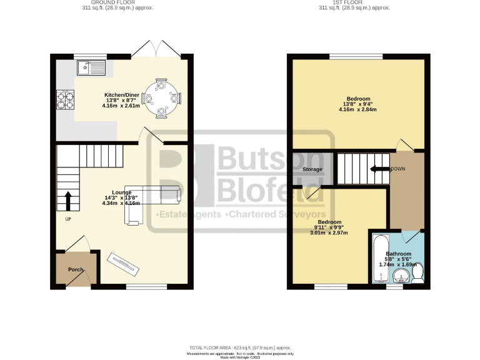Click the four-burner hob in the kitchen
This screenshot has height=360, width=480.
pyautogui.click(x=65, y=98)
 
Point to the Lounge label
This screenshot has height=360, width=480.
pyautogui.click(x=122, y=192)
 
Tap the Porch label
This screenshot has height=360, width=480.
pyautogui.click(x=76, y=269)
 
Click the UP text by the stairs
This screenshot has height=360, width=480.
pyautogui.click(x=68, y=219)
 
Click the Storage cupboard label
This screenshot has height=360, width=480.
pyautogui.click(x=312, y=169)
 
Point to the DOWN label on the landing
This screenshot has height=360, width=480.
pyautogui.click(x=397, y=169)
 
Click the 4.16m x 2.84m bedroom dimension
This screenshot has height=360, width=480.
pyautogui.click(x=359, y=111)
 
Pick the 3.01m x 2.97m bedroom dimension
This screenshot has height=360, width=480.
pyautogui.click(x=329, y=232)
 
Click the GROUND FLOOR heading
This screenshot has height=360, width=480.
pyautogui.click(x=118, y=3)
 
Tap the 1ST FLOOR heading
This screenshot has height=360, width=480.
pyautogui.click(x=354, y=3)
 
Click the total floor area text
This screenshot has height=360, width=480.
pyautogui.click(x=240, y=347)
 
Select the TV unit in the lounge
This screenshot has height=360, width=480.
pyautogui.click(x=123, y=262)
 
